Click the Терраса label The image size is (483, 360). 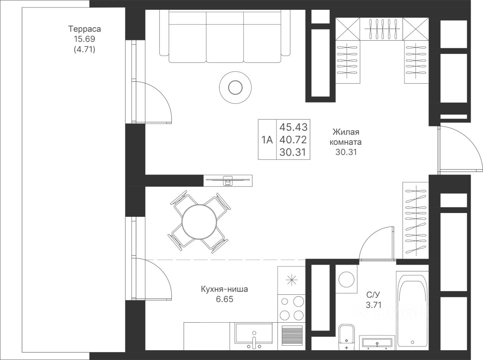[85, 29]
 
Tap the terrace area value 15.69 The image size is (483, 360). [85, 39]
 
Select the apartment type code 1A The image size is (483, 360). [267, 139]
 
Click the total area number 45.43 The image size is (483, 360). [293, 127]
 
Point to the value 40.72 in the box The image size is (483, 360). [293, 139]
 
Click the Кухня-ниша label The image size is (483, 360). [224, 289]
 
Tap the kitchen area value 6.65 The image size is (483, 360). [225, 299]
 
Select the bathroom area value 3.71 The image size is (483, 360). [374, 305]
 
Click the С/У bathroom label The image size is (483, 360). [373, 294]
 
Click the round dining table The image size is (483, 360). [199, 222]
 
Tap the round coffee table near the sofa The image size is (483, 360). [235, 87]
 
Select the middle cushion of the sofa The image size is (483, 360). [225, 37]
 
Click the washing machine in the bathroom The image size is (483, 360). [346, 279]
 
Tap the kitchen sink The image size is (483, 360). [254, 335]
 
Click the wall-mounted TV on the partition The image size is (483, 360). [228, 181]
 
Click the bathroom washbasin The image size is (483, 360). [377, 343]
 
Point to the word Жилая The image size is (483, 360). [346, 132]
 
